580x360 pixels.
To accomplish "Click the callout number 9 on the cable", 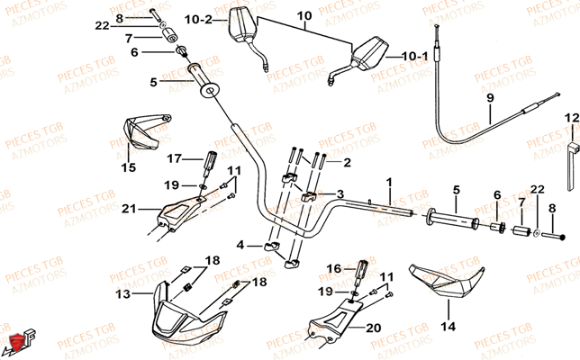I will tap(490, 97).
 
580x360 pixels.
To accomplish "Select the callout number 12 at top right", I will tap(572, 117).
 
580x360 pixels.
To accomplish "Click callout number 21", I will tap(130, 210).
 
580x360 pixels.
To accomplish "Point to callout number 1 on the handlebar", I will tap(389, 182).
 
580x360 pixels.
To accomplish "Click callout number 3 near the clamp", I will tap(340, 193).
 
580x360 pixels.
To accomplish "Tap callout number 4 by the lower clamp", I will tap(240, 245).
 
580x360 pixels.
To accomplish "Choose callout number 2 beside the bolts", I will tap(348, 164).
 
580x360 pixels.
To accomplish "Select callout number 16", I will tap(332, 268).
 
